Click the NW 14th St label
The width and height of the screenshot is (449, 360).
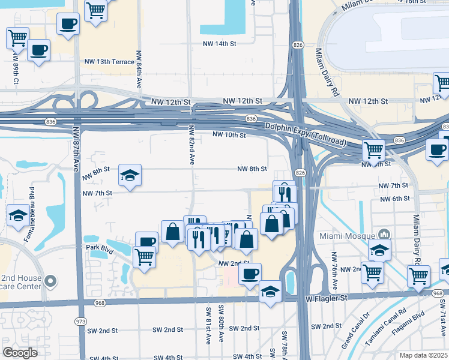219,44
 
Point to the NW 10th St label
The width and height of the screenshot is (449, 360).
229,136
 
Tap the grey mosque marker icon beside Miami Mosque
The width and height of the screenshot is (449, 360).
385,234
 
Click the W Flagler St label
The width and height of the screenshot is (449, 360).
327,298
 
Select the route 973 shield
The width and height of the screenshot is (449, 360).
80,322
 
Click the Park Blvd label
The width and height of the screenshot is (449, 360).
100,247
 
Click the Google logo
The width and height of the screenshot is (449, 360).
20,353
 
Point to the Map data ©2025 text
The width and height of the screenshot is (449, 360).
423,355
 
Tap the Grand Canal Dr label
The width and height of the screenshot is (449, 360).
352,338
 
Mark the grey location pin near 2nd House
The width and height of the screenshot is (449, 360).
51,280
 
